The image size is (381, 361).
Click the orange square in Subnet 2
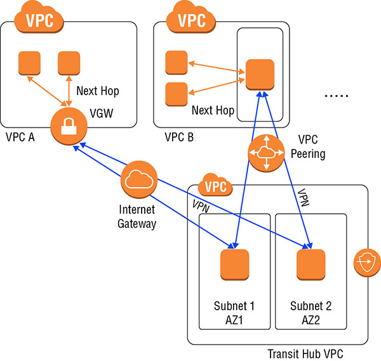click(311, 265)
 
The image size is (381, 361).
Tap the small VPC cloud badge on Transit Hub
click(216, 187)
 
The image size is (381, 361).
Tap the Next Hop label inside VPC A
click(97, 91)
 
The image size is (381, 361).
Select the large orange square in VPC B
click(260, 74)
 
